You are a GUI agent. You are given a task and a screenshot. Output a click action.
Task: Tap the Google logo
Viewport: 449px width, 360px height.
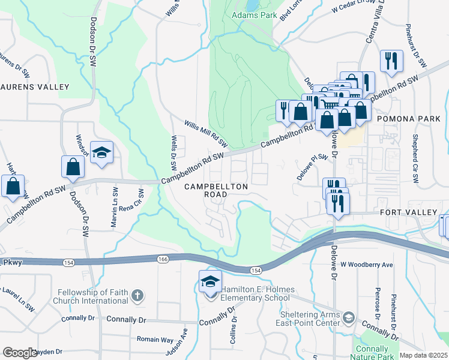click(x=19, y=353)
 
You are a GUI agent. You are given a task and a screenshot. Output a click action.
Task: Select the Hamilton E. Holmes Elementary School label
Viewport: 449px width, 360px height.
click(x=257, y=293)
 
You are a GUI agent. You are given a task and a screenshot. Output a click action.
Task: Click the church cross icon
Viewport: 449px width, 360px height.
click(x=137, y=295)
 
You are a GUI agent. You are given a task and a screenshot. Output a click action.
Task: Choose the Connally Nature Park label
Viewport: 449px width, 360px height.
click(x=372, y=352)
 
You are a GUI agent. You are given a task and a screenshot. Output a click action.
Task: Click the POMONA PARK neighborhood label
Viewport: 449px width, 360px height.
click(x=408, y=119)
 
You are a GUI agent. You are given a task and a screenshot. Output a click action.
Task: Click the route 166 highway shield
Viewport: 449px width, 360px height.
click(x=164, y=259)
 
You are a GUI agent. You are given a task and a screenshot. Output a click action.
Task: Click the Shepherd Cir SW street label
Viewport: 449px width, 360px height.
click(x=414, y=158)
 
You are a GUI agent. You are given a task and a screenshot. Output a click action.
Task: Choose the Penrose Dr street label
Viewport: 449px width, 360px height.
click(x=378, y=305)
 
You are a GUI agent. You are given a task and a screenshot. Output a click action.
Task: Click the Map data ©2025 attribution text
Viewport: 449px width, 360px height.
click(x=423, y=355)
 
